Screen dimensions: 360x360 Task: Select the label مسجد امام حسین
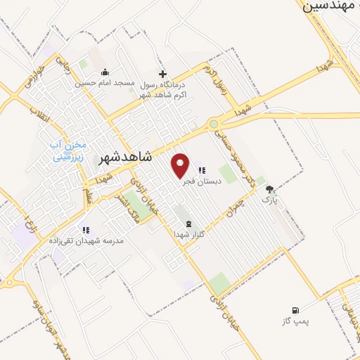105,83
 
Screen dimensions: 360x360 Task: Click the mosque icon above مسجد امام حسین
105,72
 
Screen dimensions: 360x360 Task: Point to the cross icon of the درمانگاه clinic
162,73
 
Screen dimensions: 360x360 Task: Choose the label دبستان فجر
202,181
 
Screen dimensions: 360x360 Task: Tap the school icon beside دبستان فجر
202,170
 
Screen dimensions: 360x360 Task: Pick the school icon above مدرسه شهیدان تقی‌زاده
86,230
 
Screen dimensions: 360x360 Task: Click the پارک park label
270,200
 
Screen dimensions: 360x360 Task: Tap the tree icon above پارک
269,189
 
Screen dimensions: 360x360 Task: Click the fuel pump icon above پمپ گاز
295,309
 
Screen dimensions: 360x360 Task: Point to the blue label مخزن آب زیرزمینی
67,151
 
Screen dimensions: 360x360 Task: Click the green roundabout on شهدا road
213,124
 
